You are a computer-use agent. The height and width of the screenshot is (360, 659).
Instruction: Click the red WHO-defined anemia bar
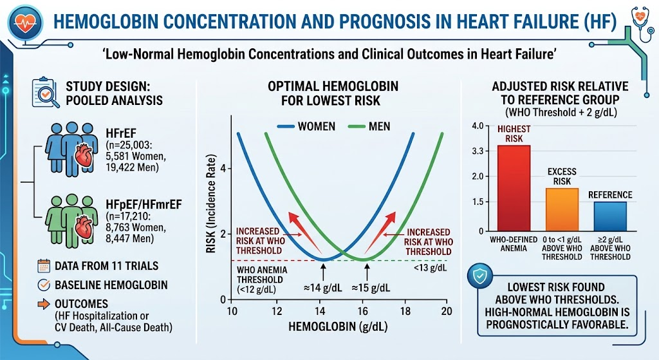point(514,188)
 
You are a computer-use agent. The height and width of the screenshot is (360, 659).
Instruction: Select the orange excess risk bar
point(562,209)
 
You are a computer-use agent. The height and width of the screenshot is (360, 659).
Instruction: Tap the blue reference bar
point(610,216)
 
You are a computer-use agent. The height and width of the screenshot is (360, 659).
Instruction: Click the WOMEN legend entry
point(307,126)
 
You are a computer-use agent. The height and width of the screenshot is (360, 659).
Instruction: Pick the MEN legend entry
point(370,126)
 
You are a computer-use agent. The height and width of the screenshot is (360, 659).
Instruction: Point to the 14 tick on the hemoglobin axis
point(320,311)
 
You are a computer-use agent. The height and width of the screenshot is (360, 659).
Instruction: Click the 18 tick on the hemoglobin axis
point(405,311)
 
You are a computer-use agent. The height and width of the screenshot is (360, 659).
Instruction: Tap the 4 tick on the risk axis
point(223,169)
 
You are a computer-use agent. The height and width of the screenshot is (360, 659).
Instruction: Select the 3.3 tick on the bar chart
point(478,151)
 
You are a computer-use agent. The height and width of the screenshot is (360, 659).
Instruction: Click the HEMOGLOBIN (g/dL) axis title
point(338,327)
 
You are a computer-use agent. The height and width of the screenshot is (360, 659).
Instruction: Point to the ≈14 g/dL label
point(323,288)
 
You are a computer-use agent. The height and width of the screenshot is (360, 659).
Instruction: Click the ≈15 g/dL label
point(371,288)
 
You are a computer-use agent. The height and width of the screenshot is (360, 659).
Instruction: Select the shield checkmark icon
point(480,276)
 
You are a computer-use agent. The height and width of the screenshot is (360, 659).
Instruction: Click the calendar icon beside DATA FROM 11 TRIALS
point(44,266)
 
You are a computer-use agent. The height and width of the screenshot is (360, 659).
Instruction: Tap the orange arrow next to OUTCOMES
point(44,303)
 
